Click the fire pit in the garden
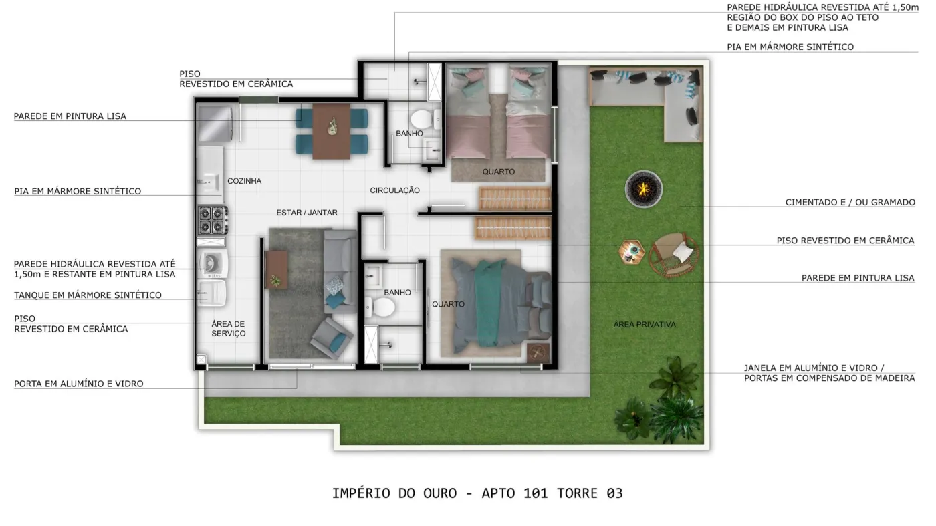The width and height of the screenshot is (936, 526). (643, 189)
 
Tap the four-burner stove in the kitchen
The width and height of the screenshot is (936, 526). (213, 220)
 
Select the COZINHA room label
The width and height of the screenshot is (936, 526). (245, 181)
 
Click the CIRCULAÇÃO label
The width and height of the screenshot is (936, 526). (395, 190)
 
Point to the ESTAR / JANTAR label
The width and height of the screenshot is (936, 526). (307, 213)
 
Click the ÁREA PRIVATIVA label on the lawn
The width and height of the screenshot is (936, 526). (645, 325)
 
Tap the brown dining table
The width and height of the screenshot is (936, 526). (332, 131)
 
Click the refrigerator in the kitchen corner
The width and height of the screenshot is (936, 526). (216, 124)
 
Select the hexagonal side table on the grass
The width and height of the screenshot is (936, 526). (631, 252)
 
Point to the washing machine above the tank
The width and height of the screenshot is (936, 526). (213, 263)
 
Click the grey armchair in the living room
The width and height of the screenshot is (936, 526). (332, 338)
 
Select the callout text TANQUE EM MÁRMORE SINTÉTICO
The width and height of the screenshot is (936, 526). (88, 295)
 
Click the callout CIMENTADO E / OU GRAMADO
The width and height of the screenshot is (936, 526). (850, 203)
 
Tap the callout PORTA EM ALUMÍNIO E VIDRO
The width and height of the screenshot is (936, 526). (79, 384)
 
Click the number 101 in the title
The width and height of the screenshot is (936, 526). (536, 493)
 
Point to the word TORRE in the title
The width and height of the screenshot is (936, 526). (577, 493)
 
